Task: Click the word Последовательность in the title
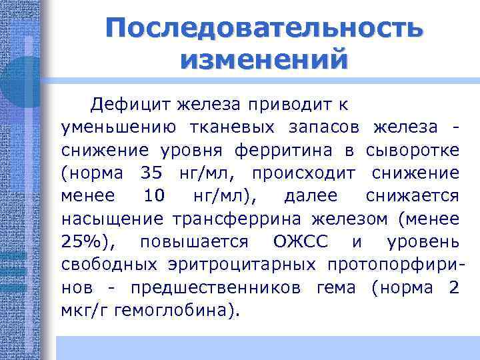[263, 29]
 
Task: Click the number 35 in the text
[151, 173]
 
